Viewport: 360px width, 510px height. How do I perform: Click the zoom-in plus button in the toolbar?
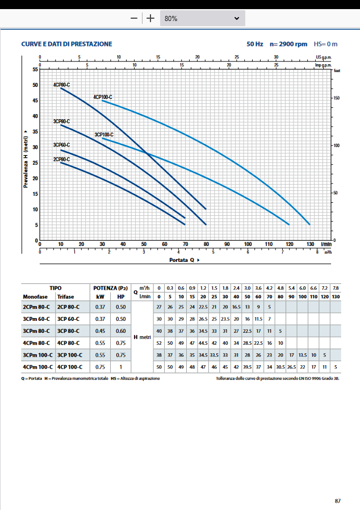click(150, 18)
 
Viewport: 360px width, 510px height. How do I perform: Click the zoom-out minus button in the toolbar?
click(134, 18)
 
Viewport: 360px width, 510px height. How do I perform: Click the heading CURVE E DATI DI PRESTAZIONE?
click(66, 44)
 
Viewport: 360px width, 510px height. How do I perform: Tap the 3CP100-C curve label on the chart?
click(104, 135)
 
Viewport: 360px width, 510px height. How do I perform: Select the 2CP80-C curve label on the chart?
click(61, 160)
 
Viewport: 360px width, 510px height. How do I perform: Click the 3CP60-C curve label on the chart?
click(61, 145)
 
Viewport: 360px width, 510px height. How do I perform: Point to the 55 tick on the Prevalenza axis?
click(35, 69)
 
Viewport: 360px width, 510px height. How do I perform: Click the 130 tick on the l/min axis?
click(310, 244)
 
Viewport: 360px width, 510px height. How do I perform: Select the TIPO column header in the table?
click(56, 288)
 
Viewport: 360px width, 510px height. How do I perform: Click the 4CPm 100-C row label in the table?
click(37, 366)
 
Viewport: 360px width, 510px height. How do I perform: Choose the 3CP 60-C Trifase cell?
click(68, 319)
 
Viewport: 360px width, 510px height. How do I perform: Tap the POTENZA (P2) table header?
click(111, 288)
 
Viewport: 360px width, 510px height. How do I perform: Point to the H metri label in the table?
click(143, 337)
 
